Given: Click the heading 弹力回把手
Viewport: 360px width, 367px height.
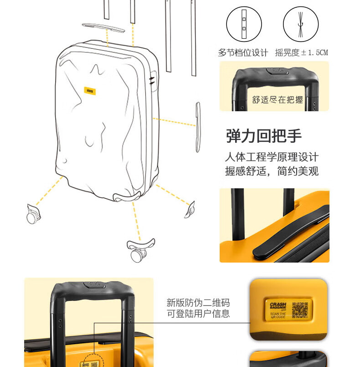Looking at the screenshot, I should (264, 136).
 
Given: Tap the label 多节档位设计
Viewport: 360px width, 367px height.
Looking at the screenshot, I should (243, 52).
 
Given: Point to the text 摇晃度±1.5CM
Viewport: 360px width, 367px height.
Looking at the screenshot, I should (301, 52).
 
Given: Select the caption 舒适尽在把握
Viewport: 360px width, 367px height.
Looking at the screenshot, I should (278, 100).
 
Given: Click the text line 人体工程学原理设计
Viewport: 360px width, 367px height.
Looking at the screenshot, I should (272, 158).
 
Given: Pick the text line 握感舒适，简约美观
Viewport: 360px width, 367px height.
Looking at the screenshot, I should (272, 171).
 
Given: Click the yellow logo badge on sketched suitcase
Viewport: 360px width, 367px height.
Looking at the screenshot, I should (89, 91).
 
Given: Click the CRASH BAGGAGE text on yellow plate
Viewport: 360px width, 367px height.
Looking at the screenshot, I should (278, 307).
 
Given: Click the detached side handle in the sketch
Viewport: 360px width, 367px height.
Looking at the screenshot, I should (198, 127).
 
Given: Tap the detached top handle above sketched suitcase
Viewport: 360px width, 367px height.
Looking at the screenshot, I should (103, 27).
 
